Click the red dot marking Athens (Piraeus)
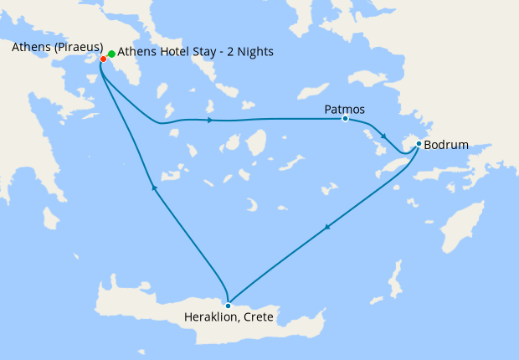pyautogui.click(x=103, y=59)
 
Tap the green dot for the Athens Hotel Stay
pyautogui.click(x=111, y=54)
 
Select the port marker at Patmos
pyautogui.click(x=345, y=119)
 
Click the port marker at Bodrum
pyautogui.click(x=419, y=144)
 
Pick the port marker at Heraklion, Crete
pyautogui.click(x=228, y=306)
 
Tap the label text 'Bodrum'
pyautogui.click(x=446, y=145)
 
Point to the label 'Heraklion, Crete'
pyautogui.click(x=229, y=318)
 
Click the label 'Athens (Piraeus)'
pyautogui.click(x=58, y=46)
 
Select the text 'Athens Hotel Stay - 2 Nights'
pyautogui.click(x=195, y=52)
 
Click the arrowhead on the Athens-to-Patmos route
pyautogui.click(x=208, y=121)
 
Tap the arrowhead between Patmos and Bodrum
pyautogui.click(x=383, y=136)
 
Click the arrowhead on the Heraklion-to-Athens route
pyautogui.click(x=154, y=188)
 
